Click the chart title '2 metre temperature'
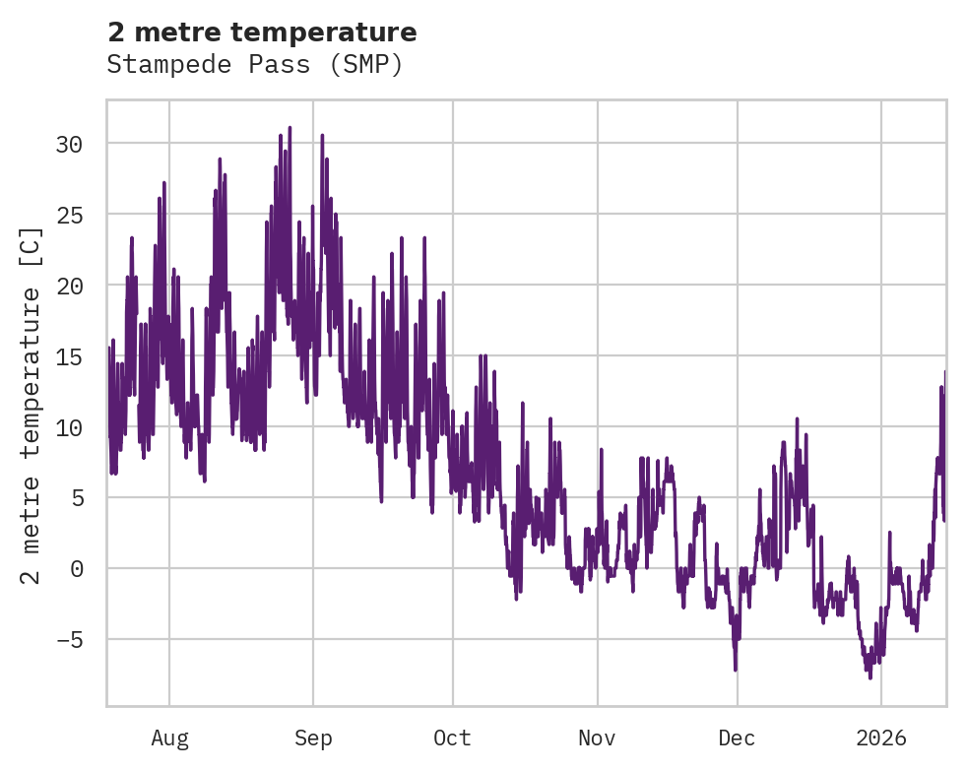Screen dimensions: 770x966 coord(262,32)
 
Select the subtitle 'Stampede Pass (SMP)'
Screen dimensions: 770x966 coord(255,65)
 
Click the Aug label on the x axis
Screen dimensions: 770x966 coord(169,738)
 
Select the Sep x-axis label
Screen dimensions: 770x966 coord(313,738)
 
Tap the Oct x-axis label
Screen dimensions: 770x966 coord(453,738)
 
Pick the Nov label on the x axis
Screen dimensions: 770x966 coord(597,738)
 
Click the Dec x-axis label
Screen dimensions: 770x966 coord(737,738)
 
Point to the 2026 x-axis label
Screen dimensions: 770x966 coord(881,738)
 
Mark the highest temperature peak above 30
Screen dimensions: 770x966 coord(290,128)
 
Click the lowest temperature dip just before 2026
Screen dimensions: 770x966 coord(869,676)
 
